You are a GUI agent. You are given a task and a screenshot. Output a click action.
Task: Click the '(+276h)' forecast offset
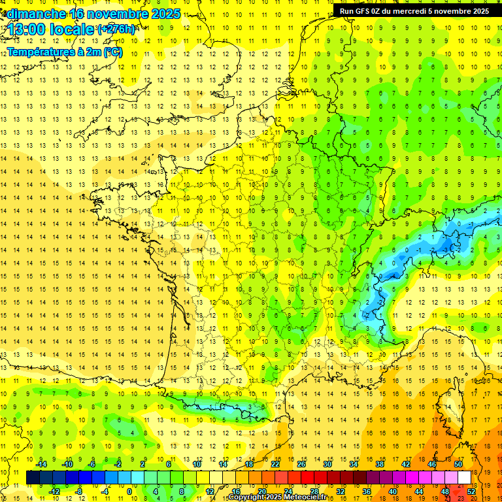pos(117,29)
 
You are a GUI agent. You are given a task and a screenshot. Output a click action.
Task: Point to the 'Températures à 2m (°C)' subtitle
pos(65,52)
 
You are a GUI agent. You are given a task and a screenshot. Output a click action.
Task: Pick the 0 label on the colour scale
pos(129,491)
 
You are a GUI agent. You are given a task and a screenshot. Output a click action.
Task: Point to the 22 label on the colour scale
pos(275,464)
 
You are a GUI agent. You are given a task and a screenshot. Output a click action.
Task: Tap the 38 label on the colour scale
pos(380,464)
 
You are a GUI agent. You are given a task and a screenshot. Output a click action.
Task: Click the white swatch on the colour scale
pos(464,478)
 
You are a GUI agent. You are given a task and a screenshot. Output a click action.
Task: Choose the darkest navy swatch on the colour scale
pos(33,478)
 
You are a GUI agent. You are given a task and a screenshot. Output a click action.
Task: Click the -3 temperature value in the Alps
pos(444,250)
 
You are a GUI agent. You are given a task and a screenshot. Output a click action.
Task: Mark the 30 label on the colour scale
pos(327,464)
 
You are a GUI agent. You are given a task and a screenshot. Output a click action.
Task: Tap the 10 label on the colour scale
pos(197,464)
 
